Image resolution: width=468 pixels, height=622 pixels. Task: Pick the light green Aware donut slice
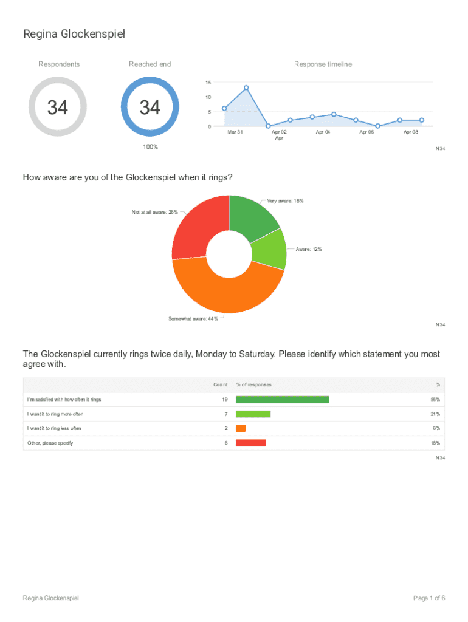pyautogui.click(x=270, y=251)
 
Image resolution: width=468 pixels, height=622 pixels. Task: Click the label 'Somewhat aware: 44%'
pyautogui.click(x=193, y=320)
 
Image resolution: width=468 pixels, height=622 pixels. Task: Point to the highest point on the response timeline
pyautogui.click(x=246, y=87)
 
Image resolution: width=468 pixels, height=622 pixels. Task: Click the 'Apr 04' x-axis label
pyautogui.click(x=323, y=132)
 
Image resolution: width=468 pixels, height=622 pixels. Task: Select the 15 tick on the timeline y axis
pyautogui.click(x=208, y=83)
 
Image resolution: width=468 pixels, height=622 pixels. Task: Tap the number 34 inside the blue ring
pyautogui.click(x=150, y=108)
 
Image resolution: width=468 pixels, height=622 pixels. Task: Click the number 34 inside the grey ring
pyautogui.click(x=58, y=108)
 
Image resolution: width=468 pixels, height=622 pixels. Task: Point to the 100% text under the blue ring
pyautogui.click(x=150, y=147)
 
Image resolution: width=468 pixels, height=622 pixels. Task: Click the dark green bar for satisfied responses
pyautogui.click(x=282, y=400)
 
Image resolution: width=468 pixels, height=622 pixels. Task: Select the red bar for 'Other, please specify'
pyautogui.click(x=250, y=443)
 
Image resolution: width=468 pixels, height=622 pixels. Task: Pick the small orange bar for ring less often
pyautogui.click(x=241, y=428)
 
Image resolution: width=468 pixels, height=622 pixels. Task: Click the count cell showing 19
pyautogui.click(x=224, y=400)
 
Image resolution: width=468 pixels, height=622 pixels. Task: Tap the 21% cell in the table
pyautogui.click(x=435, y=414)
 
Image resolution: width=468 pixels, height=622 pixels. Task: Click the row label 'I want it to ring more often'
pyautogui.click(x=55, y=414)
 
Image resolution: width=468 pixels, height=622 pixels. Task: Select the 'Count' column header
pyautogui.click(x=220, y=384)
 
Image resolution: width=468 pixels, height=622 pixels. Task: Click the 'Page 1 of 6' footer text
pyautogui.click(x=429, y=598)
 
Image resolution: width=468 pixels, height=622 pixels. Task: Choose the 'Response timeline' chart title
pyautogui.click(x=323, y=64)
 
